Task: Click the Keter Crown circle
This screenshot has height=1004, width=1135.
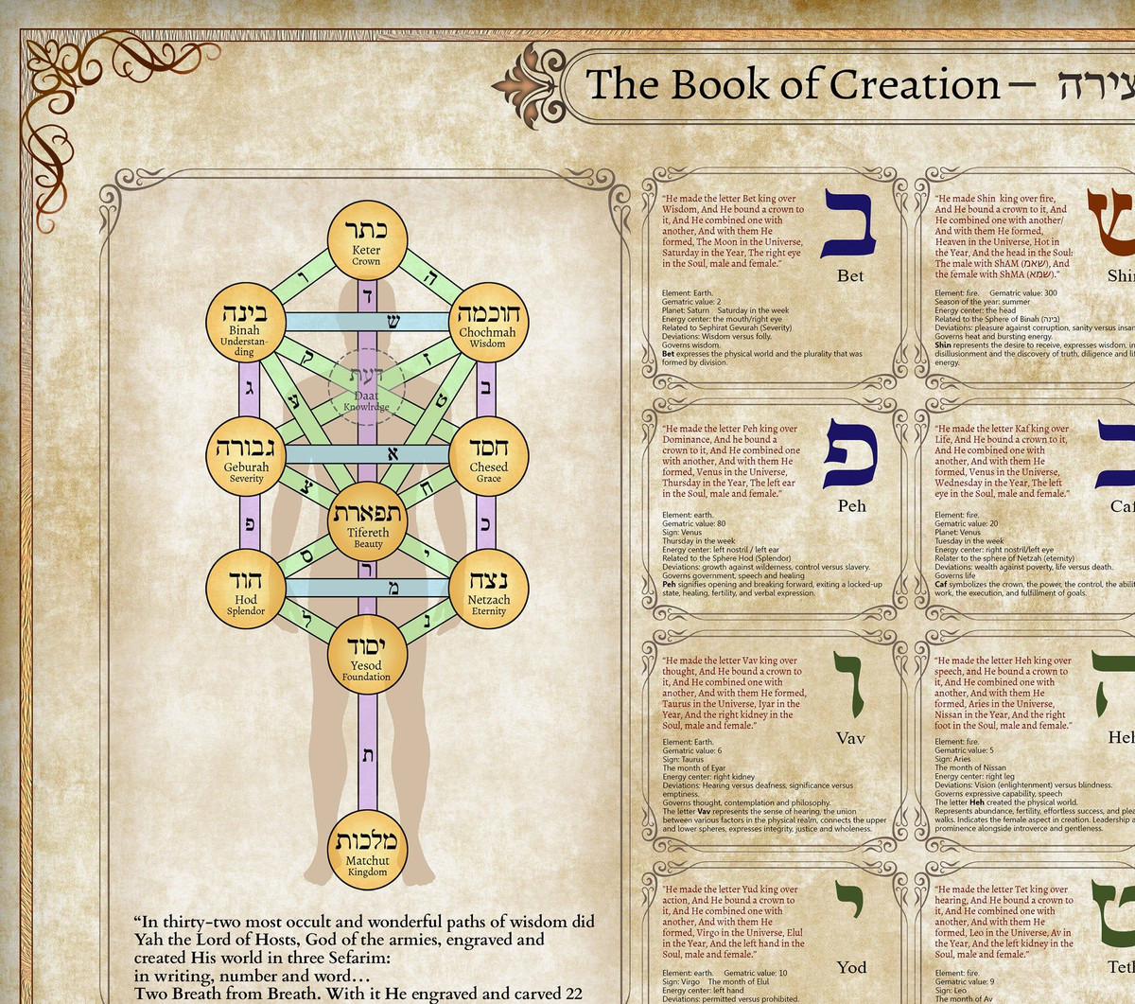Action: point(367,240)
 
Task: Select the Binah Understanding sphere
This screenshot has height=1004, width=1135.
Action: point(245,322)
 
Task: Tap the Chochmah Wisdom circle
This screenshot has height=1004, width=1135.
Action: point(487,322)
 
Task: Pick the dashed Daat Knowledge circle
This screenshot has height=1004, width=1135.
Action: point(367,387)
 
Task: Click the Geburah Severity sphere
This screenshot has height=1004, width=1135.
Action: point(245,455)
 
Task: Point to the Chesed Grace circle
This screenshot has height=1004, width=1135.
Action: point(488,455)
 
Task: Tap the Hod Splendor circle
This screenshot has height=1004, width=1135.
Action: point(245,589)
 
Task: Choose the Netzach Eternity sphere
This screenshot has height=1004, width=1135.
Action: point(488,589)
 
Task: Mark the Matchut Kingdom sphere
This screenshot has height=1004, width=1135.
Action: point(367,850)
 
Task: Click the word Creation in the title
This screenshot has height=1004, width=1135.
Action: point(914,85)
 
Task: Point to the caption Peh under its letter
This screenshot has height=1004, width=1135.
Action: point(851,506)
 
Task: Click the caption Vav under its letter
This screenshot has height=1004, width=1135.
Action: point(850,738)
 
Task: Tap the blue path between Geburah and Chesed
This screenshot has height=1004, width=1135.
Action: point(367,455)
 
